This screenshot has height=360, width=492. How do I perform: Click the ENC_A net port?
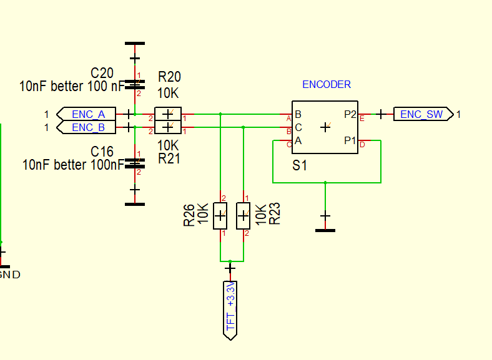86,114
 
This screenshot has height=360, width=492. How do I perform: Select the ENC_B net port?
86,127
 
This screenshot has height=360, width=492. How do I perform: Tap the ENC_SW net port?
423,114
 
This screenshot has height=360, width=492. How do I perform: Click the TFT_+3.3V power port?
230,311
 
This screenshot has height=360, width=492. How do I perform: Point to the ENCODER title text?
327,84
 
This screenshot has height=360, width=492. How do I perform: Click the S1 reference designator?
299,165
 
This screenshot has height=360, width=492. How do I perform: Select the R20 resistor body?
168,114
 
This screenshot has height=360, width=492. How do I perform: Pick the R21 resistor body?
168,127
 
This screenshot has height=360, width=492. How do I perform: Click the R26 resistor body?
220,216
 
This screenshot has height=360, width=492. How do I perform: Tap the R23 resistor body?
243,216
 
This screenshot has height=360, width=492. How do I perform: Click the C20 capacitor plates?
135,84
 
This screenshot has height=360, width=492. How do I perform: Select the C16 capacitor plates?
135,163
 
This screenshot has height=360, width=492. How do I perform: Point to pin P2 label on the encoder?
350,114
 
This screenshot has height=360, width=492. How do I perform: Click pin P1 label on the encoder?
350,140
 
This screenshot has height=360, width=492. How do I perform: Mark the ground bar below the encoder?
325,230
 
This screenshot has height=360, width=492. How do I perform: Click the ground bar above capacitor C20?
135,43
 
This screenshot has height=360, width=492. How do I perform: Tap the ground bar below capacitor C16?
135,204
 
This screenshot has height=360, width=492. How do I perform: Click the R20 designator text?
169,77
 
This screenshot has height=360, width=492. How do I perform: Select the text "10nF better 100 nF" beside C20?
72,86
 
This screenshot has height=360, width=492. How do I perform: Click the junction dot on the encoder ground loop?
325,183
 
